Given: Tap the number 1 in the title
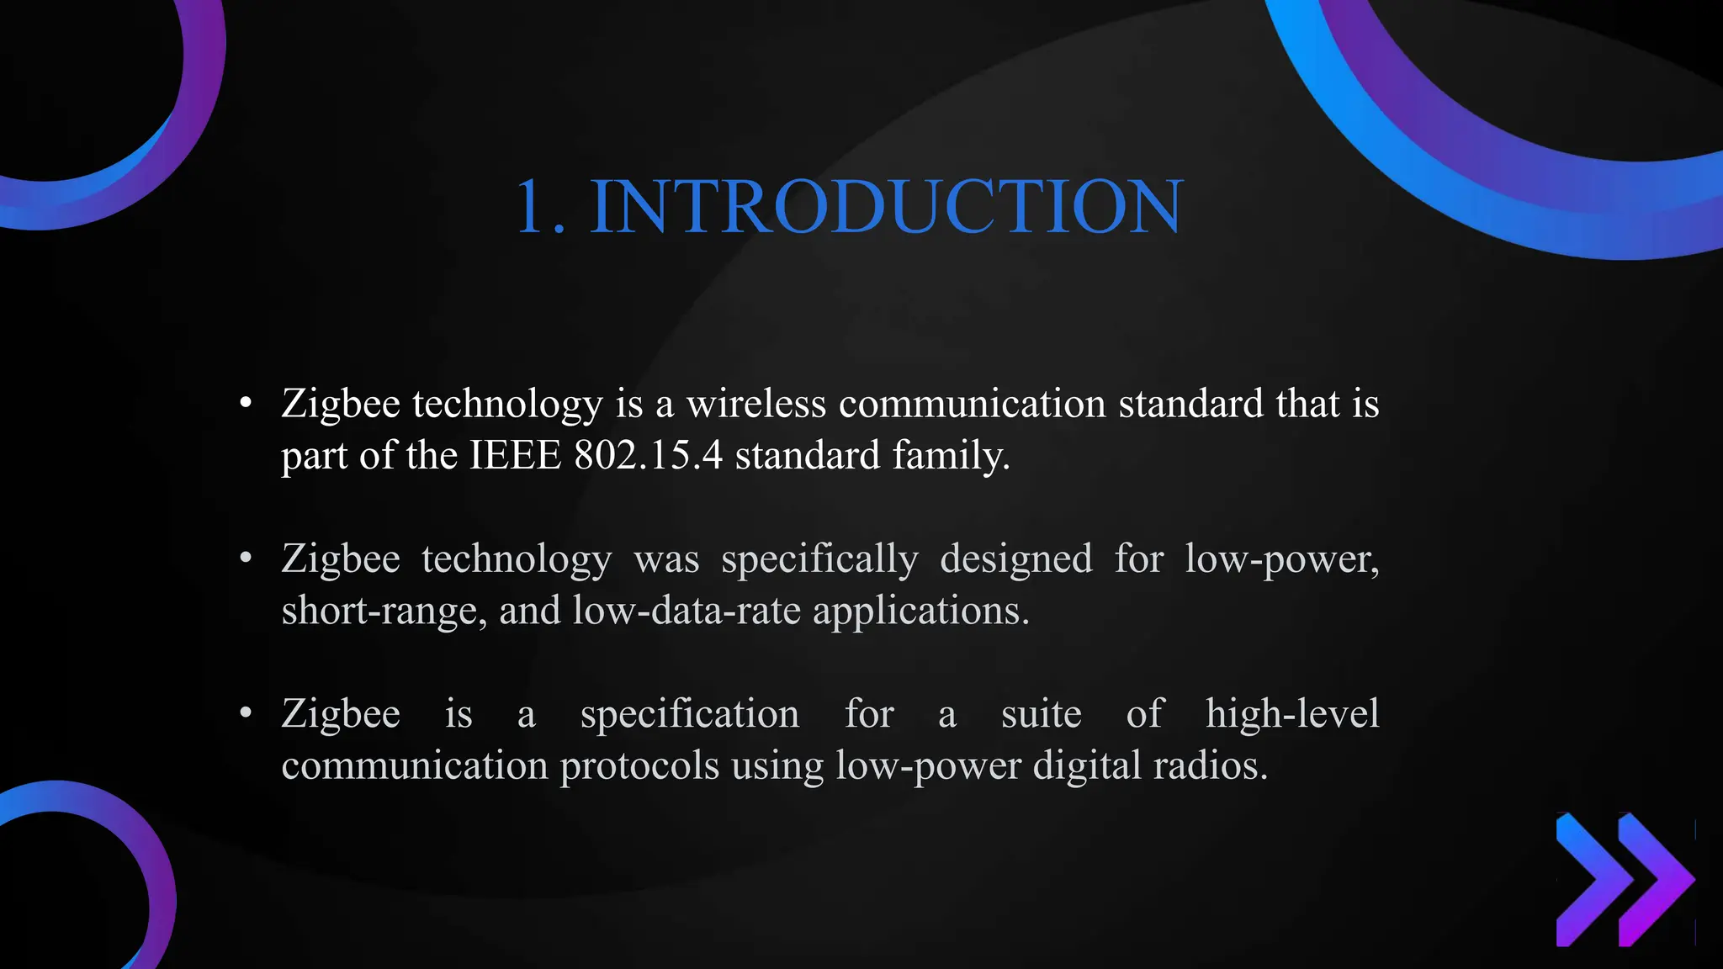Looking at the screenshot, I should [533, 207].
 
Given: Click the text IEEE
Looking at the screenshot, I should [515, 455].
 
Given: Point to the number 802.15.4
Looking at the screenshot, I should [648, 455].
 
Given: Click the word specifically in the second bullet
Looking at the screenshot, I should [819, 559].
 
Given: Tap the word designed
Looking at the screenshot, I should [1016, 559].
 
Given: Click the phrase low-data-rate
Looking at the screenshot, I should [687, 610].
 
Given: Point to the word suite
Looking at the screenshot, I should [1041, 714].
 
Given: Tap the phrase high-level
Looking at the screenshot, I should [1292, 714].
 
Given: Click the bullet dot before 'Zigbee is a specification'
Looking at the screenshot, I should [246, 713].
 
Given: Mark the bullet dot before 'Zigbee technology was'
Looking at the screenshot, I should [246, 559].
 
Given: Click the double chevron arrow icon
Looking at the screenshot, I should [1624, 879].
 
